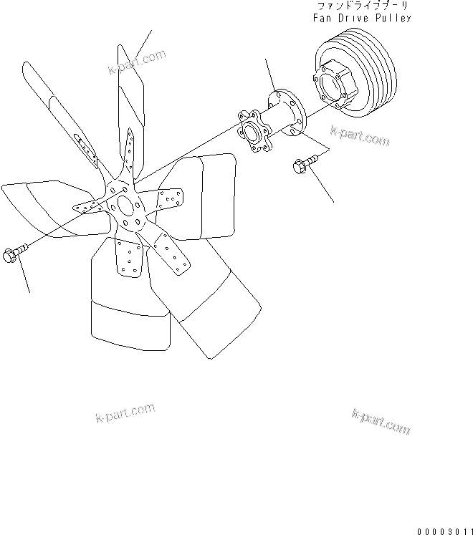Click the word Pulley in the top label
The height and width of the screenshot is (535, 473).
(395, 18)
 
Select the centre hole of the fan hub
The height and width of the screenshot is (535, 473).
(125, 208)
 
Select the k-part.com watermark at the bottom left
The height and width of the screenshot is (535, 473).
(125, 413)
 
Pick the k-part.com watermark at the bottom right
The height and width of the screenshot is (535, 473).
(381, 423)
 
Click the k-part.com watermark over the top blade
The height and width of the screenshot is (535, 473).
(136, 62)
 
